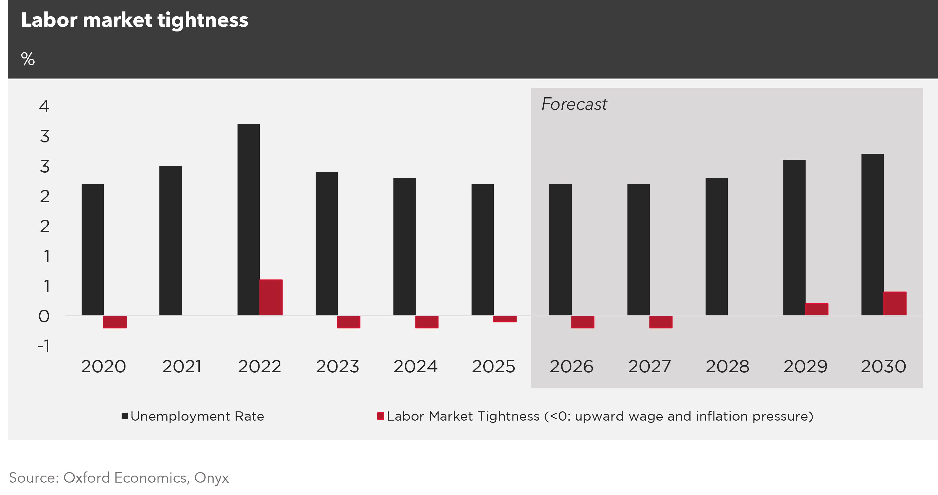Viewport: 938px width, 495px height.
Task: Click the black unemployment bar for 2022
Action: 248,219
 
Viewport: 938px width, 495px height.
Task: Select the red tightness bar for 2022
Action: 271,298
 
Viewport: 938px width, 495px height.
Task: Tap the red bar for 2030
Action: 895,303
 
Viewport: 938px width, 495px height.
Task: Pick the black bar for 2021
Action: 171,241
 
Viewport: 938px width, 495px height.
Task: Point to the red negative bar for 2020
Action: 115,322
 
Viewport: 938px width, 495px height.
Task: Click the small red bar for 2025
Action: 505,319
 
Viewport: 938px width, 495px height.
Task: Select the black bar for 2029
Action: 794,238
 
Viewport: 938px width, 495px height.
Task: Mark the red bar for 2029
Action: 817,309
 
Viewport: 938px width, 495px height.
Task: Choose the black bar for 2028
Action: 716,247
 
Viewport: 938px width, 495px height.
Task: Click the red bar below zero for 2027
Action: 660,322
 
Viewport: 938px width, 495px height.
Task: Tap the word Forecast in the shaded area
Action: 574,104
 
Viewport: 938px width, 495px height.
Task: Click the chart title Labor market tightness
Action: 134,20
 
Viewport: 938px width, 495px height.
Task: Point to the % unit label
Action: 28,59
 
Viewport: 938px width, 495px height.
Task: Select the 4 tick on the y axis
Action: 44,106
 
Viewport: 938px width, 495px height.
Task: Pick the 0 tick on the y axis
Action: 44,316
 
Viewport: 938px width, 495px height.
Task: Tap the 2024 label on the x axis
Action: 415,366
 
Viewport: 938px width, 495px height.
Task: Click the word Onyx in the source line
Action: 211,478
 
